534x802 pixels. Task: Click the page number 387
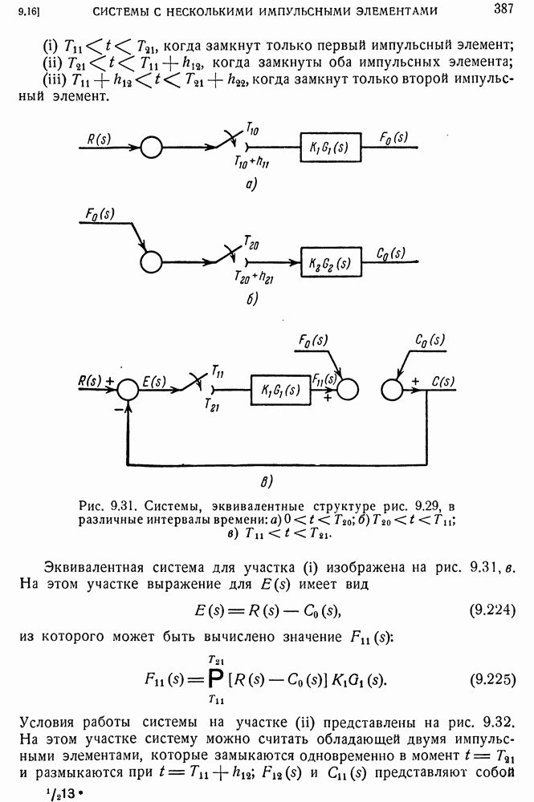tap(503, 9)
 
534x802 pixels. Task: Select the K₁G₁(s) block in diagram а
tap(330, 148)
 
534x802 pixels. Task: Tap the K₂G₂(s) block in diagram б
tap(331, 262)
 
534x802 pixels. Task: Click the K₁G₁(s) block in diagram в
tap(280, 391)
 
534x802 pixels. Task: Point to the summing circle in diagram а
tap(151, 148)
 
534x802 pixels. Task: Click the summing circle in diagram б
tap(150, 262)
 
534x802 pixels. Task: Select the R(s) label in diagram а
tap(99, 139)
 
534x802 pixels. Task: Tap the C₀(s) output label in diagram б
tap(390, 253)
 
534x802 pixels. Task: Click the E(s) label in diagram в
tap(154, 382)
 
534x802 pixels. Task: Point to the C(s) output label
tap(443, 382)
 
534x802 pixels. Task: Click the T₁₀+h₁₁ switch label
tap(252, 163)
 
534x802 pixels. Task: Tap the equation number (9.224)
tap(492, 610)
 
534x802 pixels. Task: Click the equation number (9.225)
tap(492, 679)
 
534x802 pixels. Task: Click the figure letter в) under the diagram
tap(267, 481)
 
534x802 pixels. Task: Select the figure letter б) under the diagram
tap(252, 298)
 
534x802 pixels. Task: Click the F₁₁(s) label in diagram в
tap(324, 379)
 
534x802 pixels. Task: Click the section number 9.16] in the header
tap(29, 10)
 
